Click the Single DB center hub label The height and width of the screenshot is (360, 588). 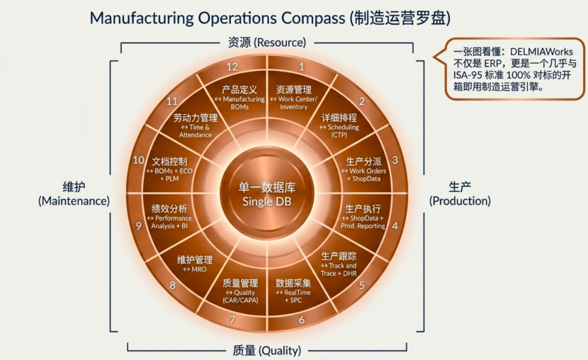click(266, 201)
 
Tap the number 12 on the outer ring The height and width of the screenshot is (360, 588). click(232, 67)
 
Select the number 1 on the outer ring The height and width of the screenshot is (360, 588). click(302, 67)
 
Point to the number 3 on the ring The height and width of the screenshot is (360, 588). click(395, 160)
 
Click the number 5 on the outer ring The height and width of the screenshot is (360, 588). click(361, 286)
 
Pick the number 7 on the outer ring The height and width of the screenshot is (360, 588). click(232, 320)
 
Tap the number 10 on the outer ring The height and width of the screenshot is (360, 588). click(138, 160)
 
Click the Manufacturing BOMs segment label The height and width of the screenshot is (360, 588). click(239, 103)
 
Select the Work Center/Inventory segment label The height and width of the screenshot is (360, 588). click(293, 103)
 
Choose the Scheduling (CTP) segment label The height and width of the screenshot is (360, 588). click(339, 131)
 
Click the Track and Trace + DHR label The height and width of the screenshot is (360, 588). click(339, 269)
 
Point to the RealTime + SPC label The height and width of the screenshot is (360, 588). click(293, 297)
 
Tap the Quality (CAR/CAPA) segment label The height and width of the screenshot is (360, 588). click(240, 297)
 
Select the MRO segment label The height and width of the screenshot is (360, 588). click(195, 269)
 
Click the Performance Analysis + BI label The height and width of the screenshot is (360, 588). click(169, 222)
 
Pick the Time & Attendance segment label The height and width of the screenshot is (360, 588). click(196, 131)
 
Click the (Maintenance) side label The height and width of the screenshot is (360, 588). click(74, 201)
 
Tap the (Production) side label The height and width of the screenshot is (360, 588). click(460, 201)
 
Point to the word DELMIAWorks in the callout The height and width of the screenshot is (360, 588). click(541, 52)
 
